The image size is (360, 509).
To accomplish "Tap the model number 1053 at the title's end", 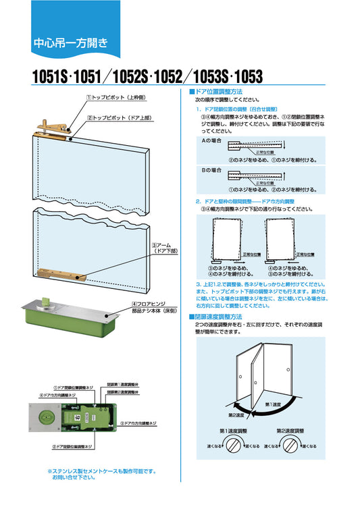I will (x=247, y=77).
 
